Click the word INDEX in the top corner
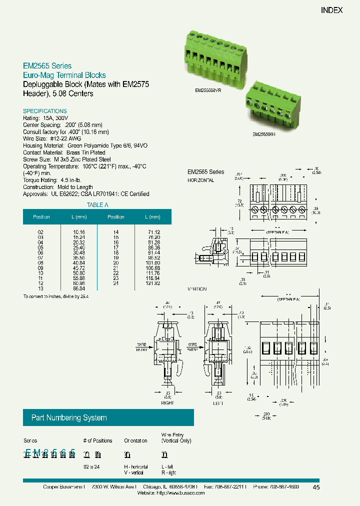[x=331, y=10]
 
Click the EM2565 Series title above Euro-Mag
[x=47, y=66]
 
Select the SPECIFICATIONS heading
[x=45, y=111]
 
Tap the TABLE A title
[x=97, y=205]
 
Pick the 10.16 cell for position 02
[x=79, y=232]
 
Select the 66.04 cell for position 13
[x=79, y=288]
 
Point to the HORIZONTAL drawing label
[x=200, y=180]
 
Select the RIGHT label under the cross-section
[x=167, y=402]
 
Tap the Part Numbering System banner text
[x=69, y=418]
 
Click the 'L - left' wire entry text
[x=168, y=465]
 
